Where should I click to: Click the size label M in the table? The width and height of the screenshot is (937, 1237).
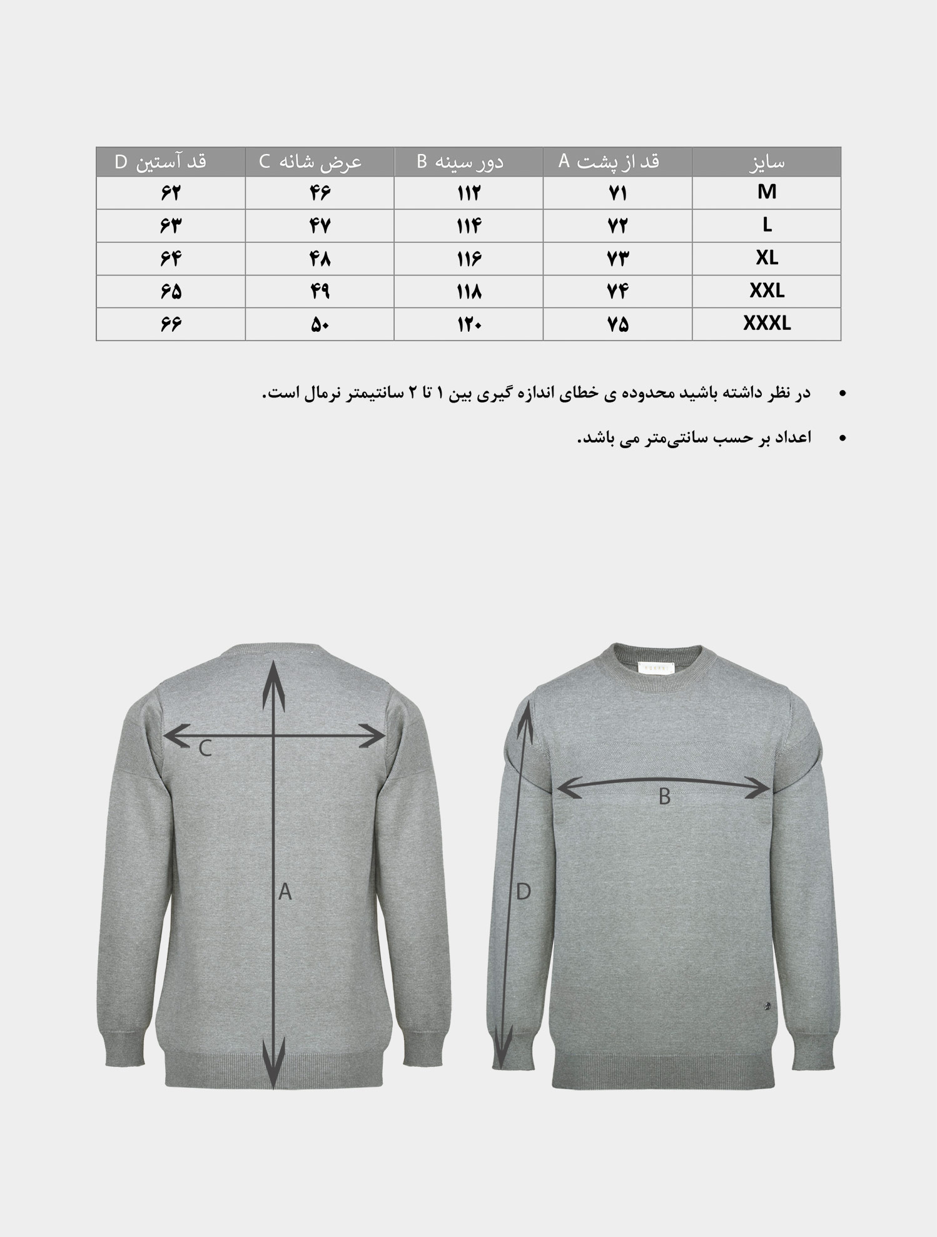(x=766, y=192)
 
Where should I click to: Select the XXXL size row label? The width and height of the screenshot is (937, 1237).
(x=766, y=324)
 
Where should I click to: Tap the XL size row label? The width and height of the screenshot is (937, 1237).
(x=766, y=258)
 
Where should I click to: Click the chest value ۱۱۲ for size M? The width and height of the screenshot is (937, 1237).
(x=468, y=193)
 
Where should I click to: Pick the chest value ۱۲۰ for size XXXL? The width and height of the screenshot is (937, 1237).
(x=468, y=324)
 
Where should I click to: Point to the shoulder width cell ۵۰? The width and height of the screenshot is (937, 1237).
(x=320, y=324)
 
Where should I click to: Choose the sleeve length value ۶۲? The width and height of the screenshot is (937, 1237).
(x=170, y=193)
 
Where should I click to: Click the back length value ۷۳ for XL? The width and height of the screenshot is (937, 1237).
(x=617, y=259)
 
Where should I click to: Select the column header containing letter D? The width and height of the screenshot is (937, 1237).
(x=161, y=162)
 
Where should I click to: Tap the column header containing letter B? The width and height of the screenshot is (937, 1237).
(x=460, y=162)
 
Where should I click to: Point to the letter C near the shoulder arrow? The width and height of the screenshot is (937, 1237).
(x=205, y=748)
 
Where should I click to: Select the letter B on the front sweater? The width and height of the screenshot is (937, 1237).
(x=664, y=797)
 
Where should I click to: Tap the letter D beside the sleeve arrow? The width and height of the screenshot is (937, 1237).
(x=523, y=891)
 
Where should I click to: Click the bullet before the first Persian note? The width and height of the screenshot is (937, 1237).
(x=842, y=394)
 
